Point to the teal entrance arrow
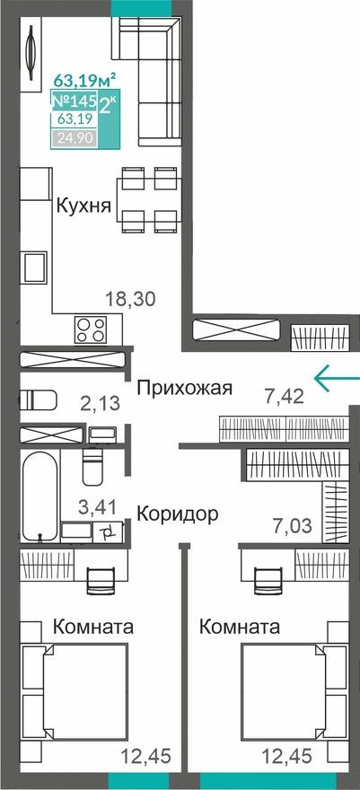[x=336, y=377]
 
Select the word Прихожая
[x=184, y=388]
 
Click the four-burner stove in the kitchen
[x=91, y=329]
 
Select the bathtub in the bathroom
[x=40, y=497]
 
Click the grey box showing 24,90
[x=75, y=137]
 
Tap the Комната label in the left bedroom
[x=94, y=626]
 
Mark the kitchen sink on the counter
[x=36, y=268]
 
